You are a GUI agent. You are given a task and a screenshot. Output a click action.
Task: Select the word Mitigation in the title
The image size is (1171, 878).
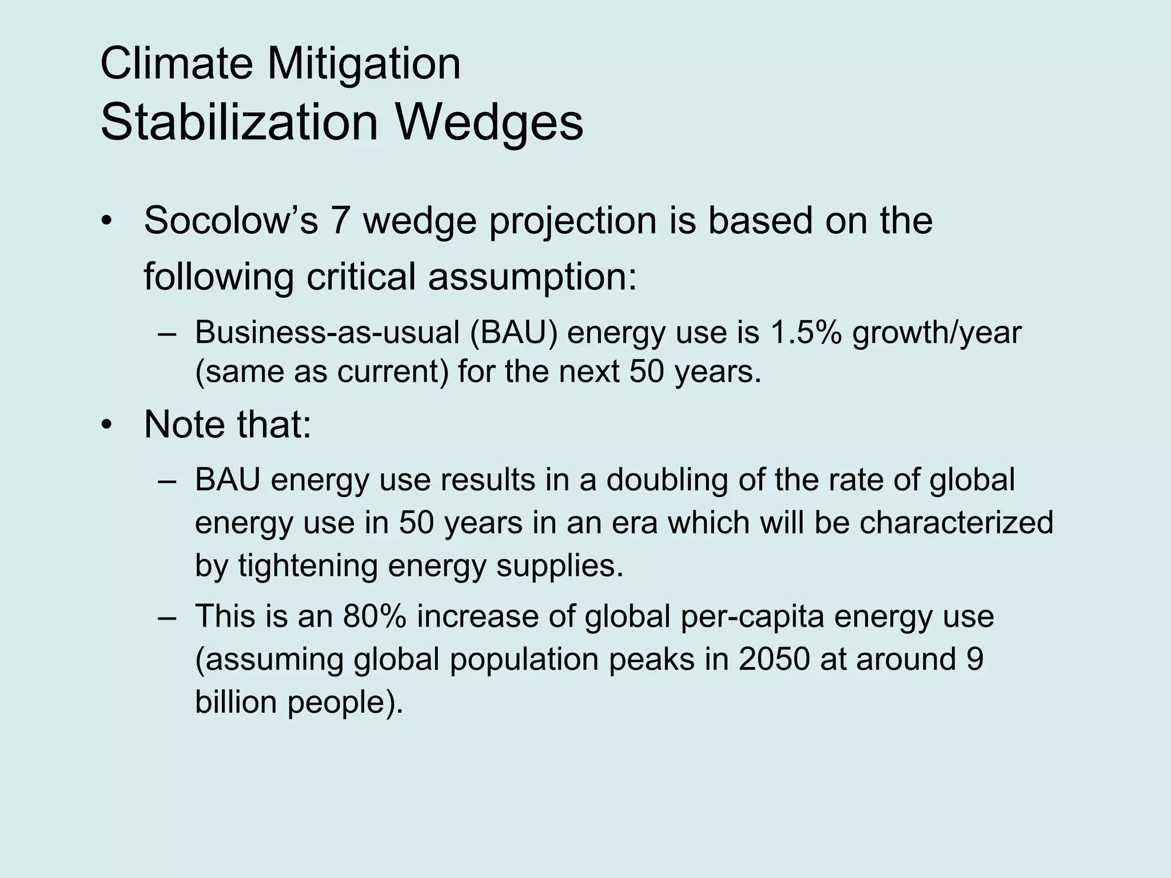pyautogui.click(x=364, y=64)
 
